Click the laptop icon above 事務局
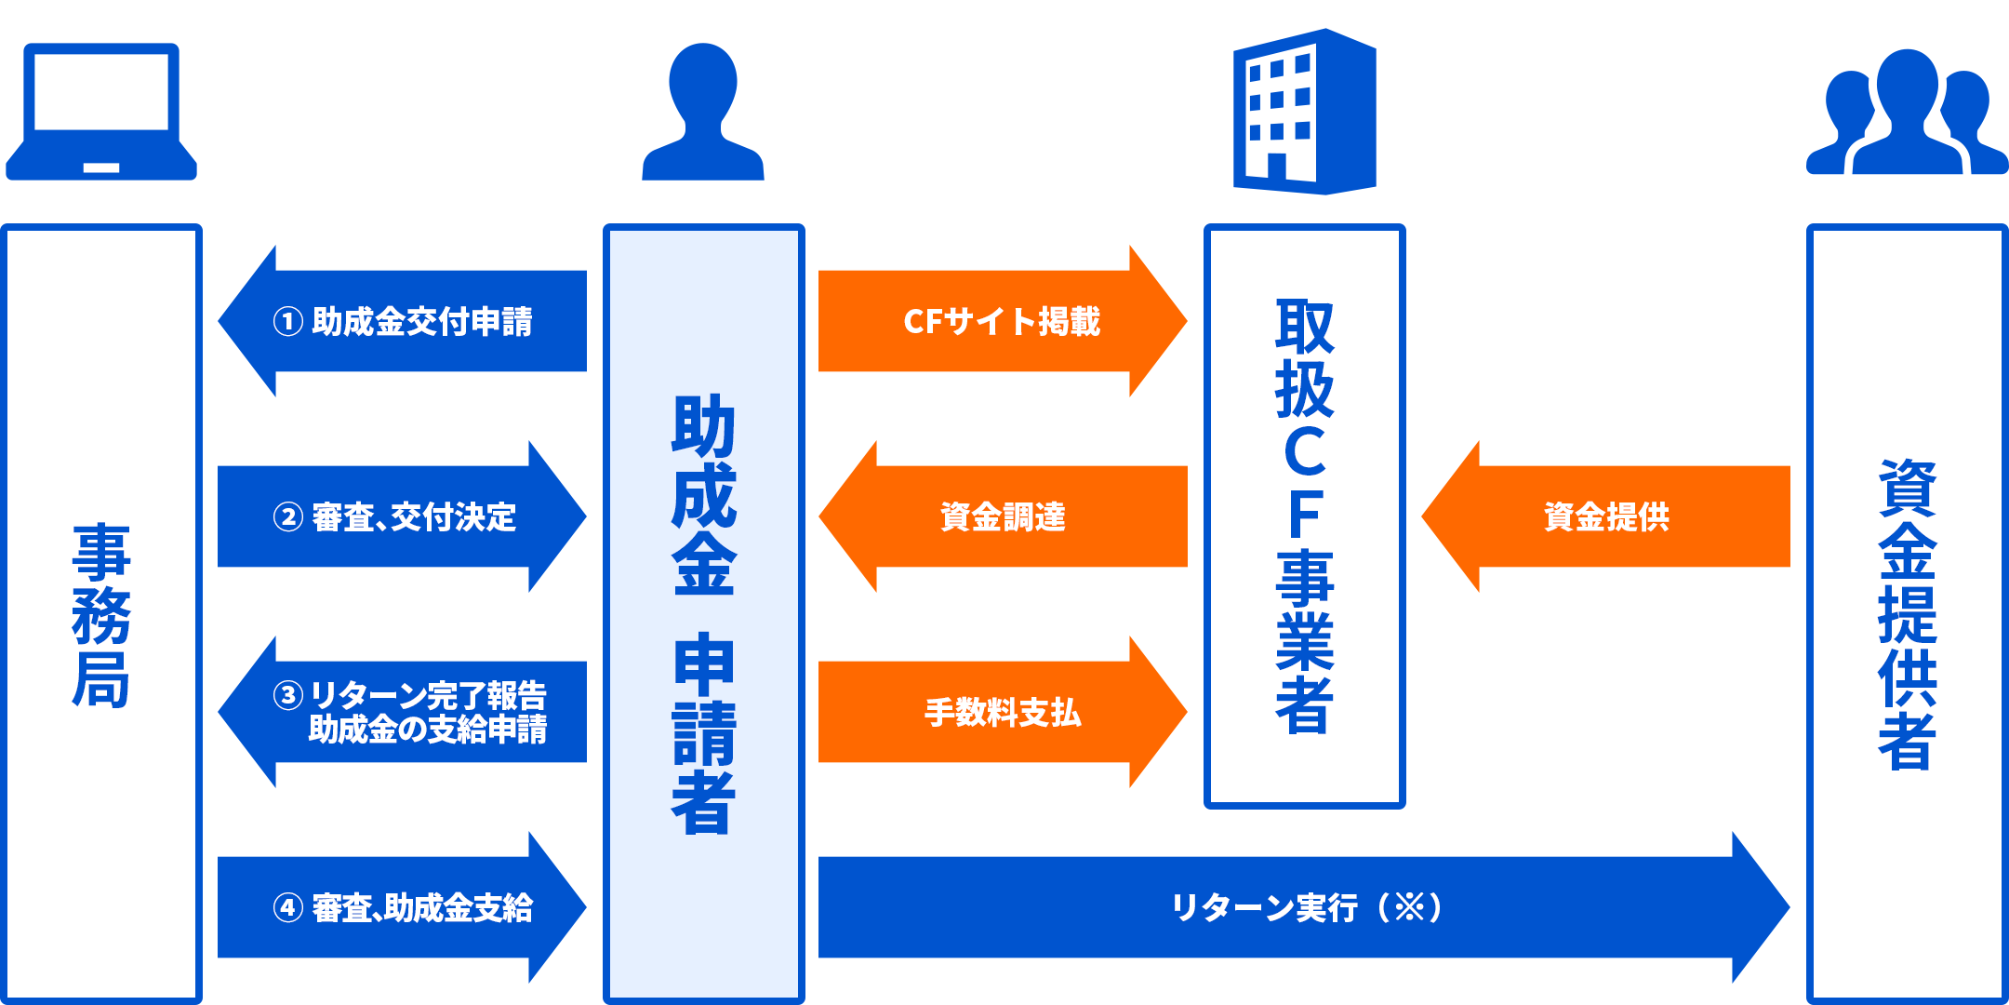tap(101, 112)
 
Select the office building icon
tap(1304, 112)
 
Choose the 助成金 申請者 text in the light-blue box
tap(704, 614)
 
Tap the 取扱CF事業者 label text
tap(1305, 516)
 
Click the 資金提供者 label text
tap(1908, 614)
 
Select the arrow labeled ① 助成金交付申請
tap(403, 322)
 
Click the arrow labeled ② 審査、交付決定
tap(403, 517)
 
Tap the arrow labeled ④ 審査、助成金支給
tap(403, 908)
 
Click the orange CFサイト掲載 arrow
tap(1002, 322)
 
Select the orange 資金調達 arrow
tap(1003, 517)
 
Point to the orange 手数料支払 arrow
tap(1002, 713)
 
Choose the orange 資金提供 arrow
tap(1606, 517)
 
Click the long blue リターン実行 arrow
tap(1302, 908)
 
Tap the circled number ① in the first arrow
tap(288, 322)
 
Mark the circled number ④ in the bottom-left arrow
tap(288, 908)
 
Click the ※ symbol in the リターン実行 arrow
tap(1410, 907)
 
